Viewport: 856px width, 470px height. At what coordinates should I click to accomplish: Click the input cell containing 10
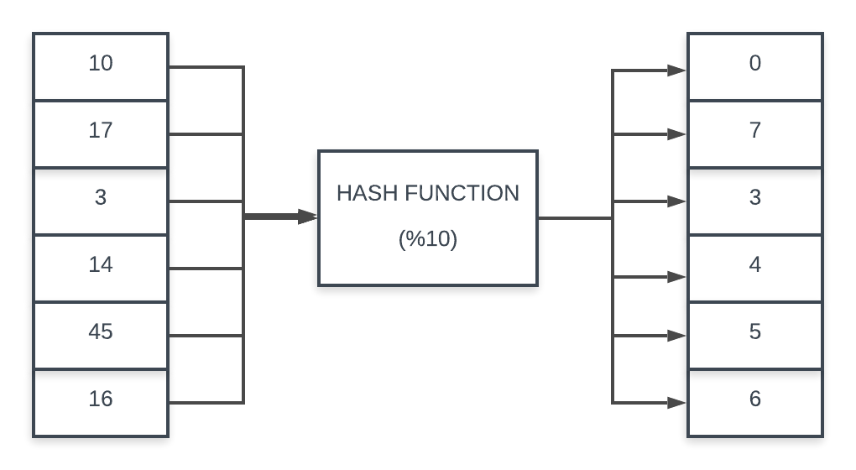101,66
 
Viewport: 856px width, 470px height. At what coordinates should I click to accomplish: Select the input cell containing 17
101,133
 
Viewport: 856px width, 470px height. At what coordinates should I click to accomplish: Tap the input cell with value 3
101,201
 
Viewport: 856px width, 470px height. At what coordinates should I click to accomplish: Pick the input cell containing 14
101,268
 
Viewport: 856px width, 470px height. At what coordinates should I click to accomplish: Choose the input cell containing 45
101,335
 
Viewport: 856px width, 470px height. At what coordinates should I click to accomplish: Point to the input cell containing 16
101,402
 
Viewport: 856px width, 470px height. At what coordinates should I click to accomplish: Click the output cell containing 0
754,66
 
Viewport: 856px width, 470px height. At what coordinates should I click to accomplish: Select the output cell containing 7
754,133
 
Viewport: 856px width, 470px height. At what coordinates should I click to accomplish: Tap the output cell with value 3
754,201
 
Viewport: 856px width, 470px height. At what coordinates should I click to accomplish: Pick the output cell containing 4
754,268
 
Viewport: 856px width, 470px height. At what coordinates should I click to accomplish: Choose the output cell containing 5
754,335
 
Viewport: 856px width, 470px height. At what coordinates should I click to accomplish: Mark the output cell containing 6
754,402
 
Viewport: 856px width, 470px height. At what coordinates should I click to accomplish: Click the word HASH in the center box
368,193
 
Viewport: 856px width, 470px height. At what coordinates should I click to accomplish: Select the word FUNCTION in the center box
462,193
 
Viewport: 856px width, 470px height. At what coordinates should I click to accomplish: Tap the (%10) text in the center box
428,239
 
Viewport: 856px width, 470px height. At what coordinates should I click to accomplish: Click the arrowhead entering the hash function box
309,217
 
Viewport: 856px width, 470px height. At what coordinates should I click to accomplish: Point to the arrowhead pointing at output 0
677,71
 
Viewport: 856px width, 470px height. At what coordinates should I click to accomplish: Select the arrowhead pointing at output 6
677,403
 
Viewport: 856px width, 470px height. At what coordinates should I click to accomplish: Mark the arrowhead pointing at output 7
677,134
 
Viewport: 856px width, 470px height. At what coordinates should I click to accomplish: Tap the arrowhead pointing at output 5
677,336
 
